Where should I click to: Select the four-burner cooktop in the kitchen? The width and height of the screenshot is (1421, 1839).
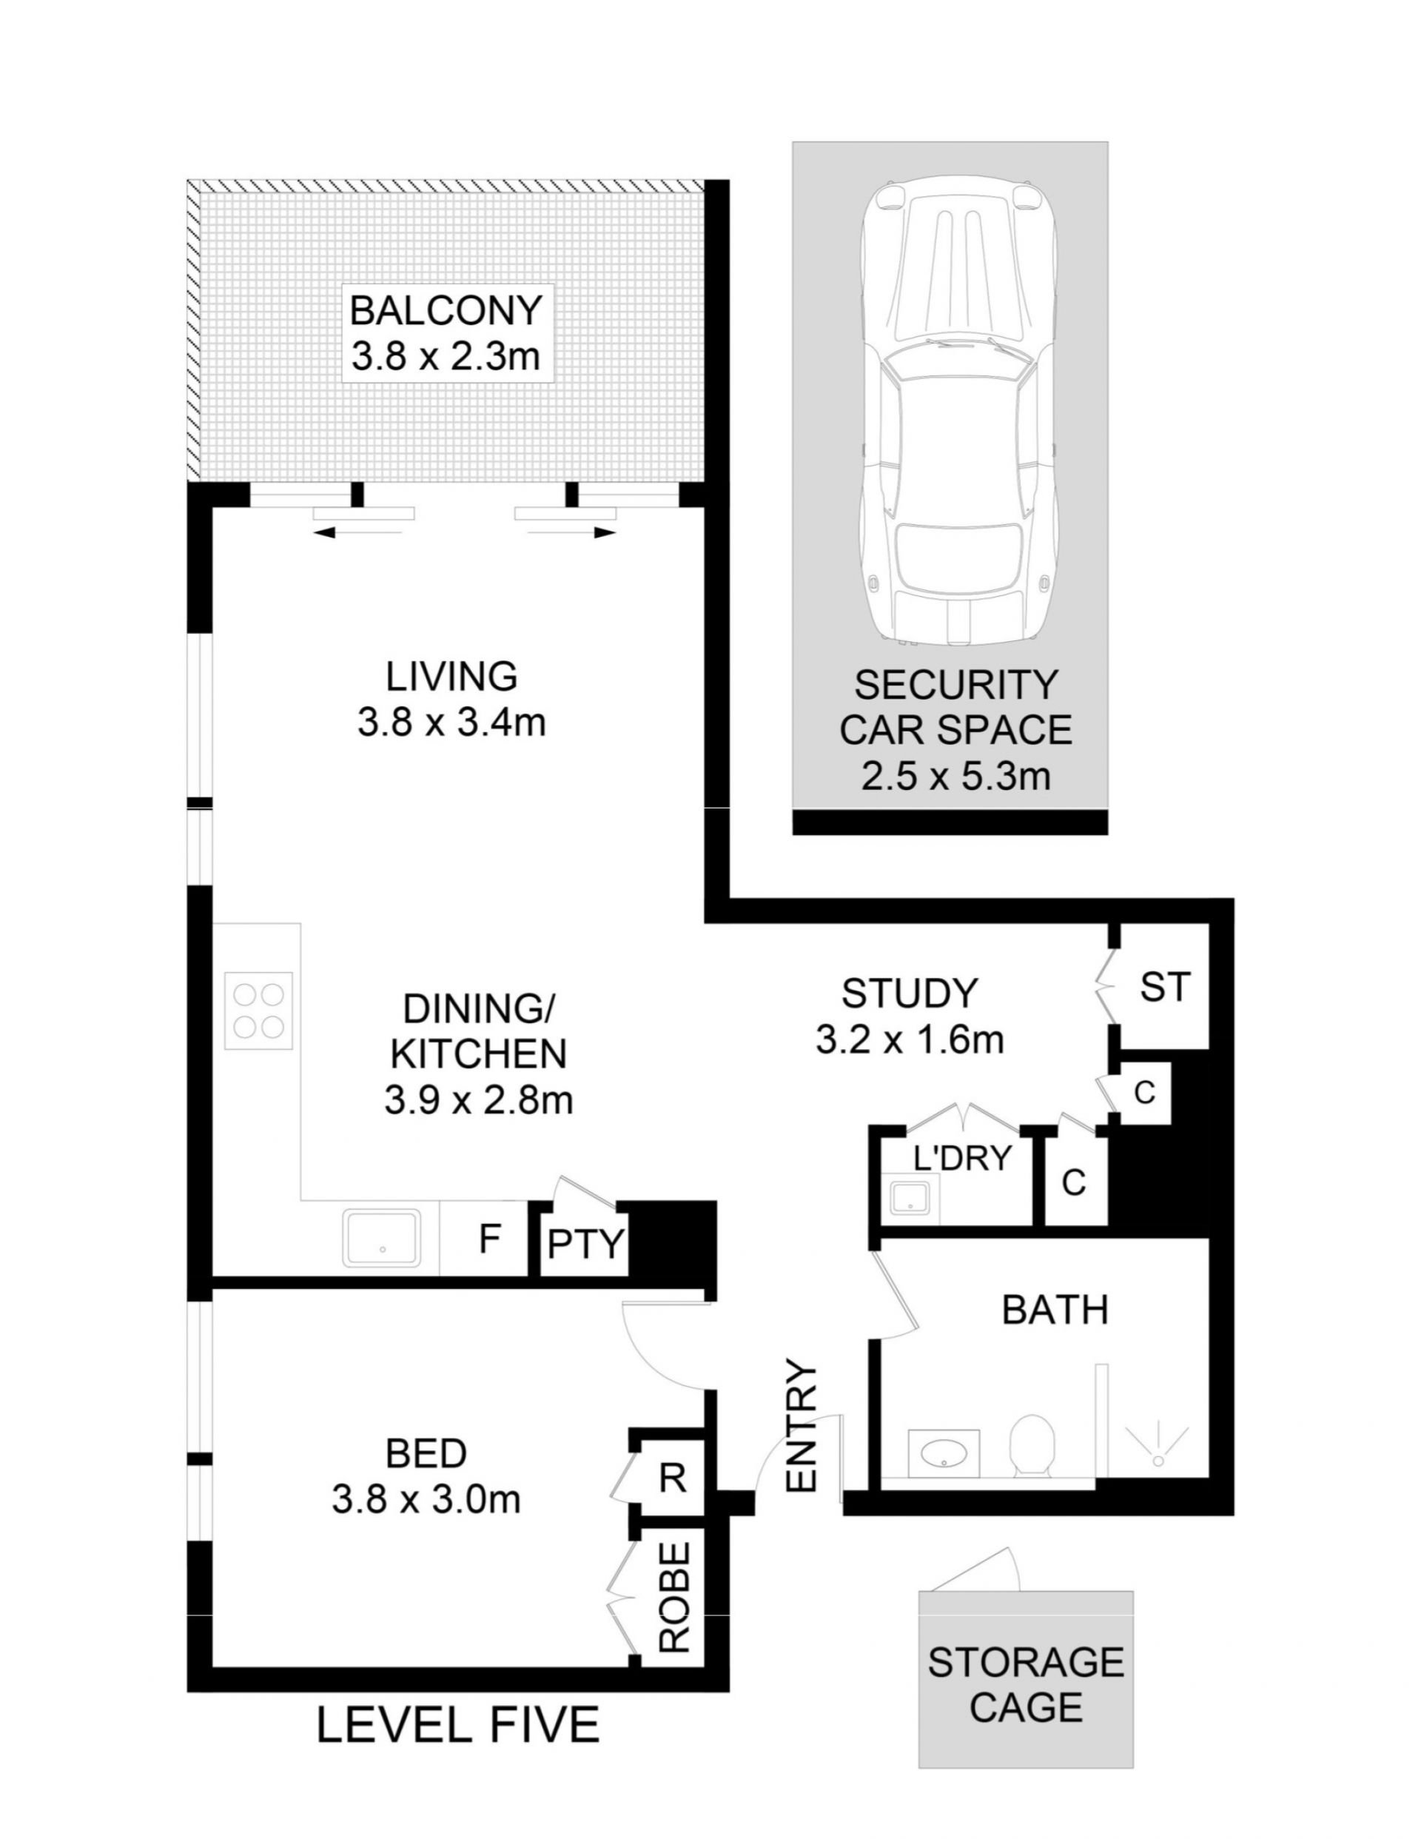(x=258, y=1011)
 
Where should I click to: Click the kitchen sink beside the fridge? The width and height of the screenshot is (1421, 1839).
(x=381, y=1238)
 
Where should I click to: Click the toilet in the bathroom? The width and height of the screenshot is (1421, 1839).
(x=1032, y=1446)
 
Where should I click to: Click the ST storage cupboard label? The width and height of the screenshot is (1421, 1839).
(x=1166, y=987)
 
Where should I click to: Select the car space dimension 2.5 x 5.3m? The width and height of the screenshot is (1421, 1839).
(x=956, y=776)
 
